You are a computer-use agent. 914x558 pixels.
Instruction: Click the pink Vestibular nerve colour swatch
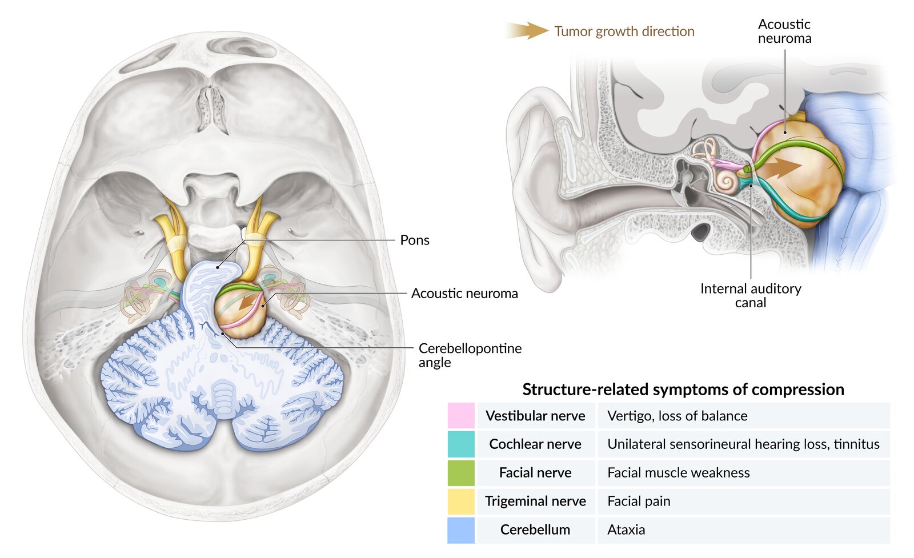[461, 415]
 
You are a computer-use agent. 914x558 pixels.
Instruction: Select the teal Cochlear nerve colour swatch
[461, 444]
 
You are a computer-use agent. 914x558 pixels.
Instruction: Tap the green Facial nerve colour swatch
[461, 472]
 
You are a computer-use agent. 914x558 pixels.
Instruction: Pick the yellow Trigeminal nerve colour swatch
[461, 501]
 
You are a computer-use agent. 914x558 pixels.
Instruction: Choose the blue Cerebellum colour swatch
[461, 529]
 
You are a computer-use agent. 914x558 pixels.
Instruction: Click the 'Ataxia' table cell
[626, 529]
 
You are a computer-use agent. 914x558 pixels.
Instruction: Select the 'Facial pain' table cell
[639, 501]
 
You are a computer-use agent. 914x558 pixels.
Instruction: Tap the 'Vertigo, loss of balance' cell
[677, 416]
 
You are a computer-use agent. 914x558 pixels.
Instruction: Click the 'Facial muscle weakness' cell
[678, 472]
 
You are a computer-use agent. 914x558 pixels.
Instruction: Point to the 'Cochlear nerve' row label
[535, 444]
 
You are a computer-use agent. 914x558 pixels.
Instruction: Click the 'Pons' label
[415, 240]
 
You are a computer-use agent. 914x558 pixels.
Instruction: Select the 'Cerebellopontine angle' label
[470, 355]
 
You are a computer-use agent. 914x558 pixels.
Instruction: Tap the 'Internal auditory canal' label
[751, 295]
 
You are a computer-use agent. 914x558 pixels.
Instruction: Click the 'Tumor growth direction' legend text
[624, 31]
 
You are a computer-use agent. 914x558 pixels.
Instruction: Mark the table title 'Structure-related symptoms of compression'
[683, 390]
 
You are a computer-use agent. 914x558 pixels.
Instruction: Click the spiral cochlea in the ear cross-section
[726, 183]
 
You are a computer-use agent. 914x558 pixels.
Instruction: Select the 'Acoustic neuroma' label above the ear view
[784, 31]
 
